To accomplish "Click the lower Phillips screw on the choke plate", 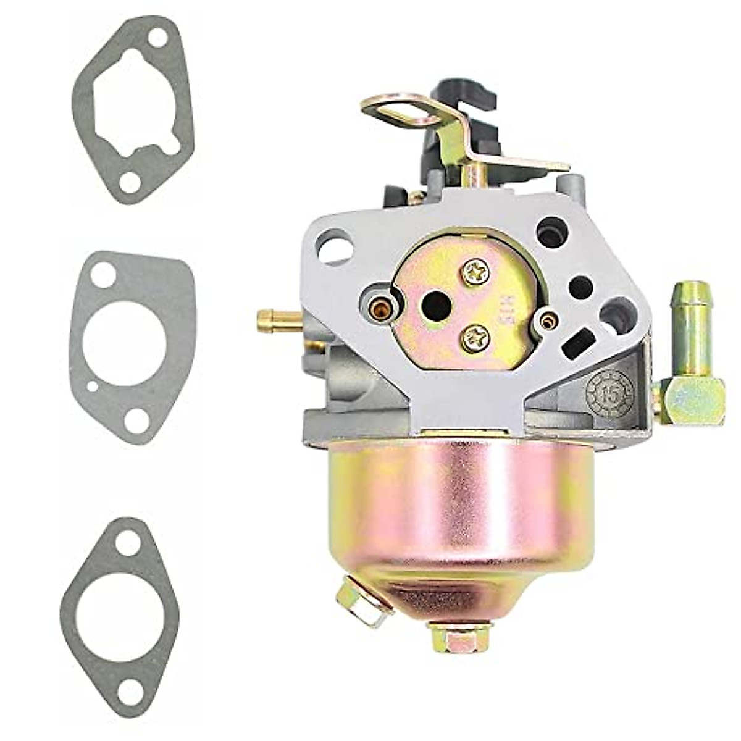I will pos(475,337).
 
